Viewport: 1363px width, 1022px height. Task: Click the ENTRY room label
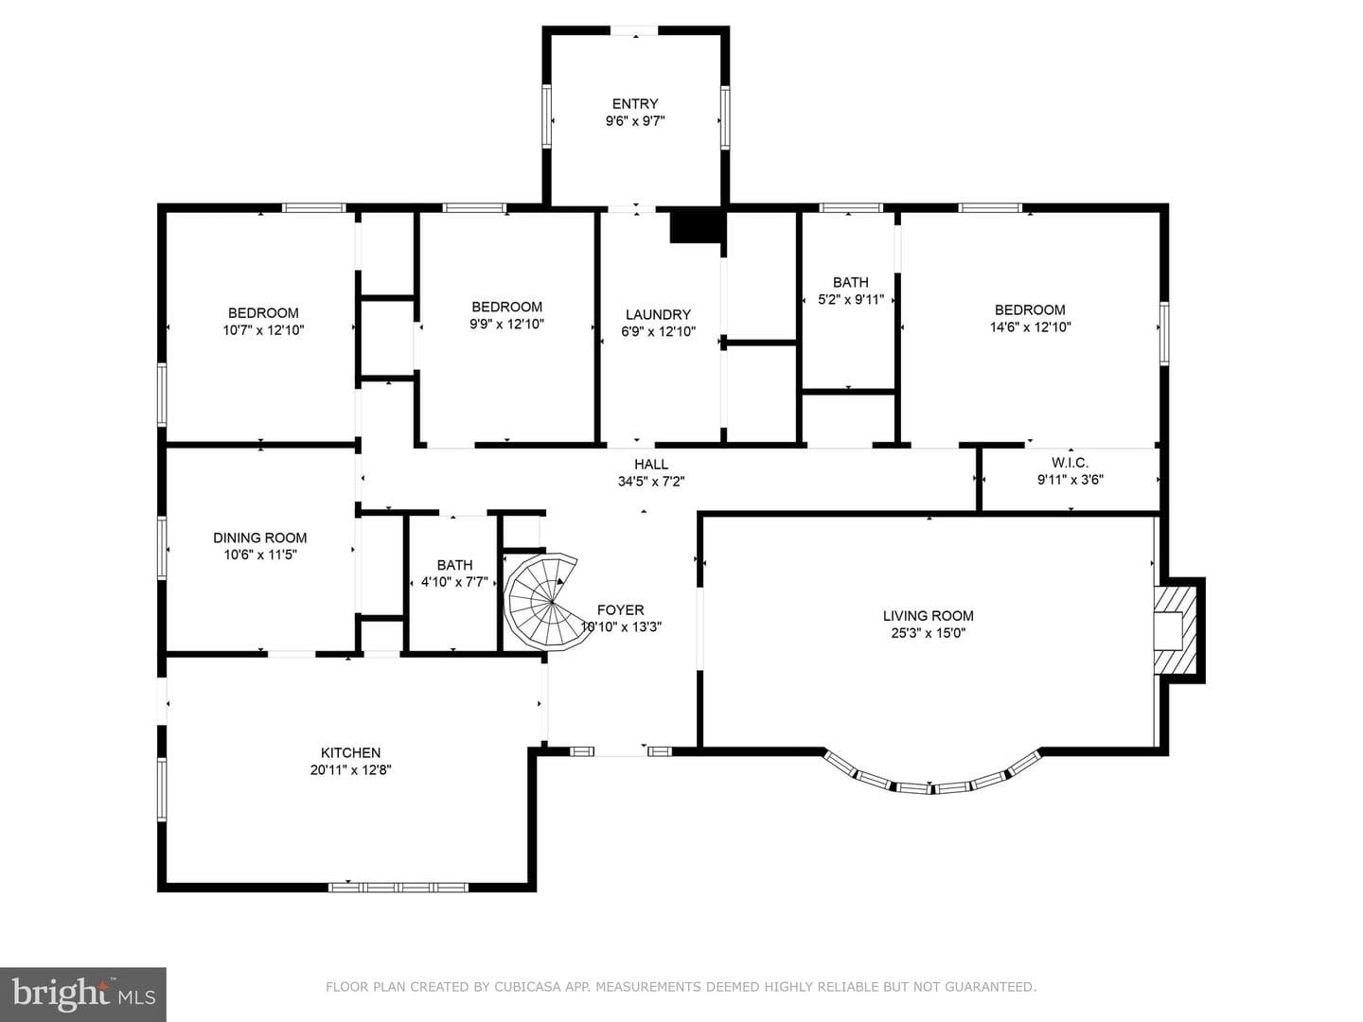click(x=634, y=104)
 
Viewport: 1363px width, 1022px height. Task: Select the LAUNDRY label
click(x=658, y=314)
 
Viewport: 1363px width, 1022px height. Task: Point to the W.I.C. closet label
click(x=1070, y=463)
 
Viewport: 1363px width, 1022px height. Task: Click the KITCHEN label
click(x=350, y=752)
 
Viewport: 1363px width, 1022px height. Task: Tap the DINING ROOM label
click(x=259, y=538)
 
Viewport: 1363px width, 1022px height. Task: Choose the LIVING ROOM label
click(x=929, y=615)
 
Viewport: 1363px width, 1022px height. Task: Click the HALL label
click(x=651, y=464)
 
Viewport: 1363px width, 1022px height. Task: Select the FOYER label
click(x=620, y=610)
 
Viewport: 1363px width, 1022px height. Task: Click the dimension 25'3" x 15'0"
click(x=929, y=634)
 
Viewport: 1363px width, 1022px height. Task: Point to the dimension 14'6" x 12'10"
click(x=1030, y=327)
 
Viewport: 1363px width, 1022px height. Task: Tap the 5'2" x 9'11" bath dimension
click(x=851, y=300)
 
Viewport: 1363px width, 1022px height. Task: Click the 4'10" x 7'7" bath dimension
click(x=454, y=583)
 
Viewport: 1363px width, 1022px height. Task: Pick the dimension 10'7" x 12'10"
click(x=263, y=330)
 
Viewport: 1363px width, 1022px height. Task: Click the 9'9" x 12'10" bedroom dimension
click(x=506, y=324)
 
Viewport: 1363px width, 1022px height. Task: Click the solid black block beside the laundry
click(x=698, y=227)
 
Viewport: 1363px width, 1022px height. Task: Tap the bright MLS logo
click(x=83, y=995)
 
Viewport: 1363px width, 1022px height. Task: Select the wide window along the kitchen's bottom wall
click(x=398, y=888)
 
